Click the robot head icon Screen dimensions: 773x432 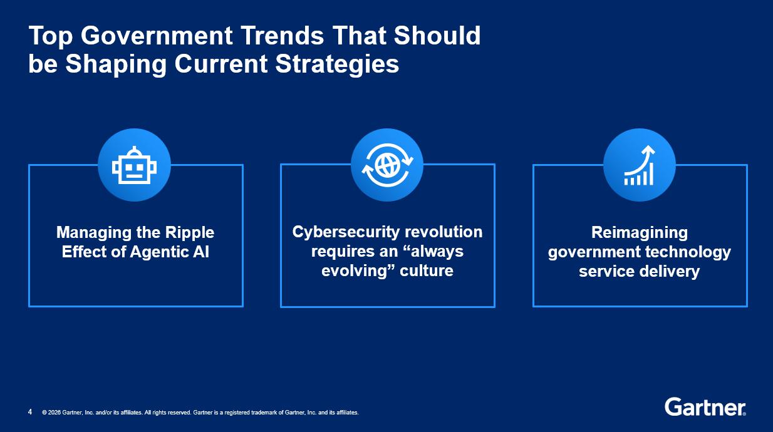tap(134, 165)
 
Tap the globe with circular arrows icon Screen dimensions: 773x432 tap(387, 165)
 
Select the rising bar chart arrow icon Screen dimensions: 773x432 tap(640, 165)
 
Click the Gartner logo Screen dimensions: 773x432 tap(705, 407)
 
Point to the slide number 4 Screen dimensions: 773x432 tap(30, 412)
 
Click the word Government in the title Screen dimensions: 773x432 tap(157, 36)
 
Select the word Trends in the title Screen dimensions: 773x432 tap(283, 36)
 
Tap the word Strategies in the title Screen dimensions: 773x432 tap(337, 64)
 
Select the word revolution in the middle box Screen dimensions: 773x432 tap(444, 232)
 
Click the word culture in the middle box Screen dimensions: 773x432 tap(426, 271)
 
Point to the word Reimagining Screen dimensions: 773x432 tap(640, 233)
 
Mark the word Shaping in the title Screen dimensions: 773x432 tap(116, 64)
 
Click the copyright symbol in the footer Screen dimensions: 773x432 tap(44, 413)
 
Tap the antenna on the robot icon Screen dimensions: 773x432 tap(134, 150)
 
